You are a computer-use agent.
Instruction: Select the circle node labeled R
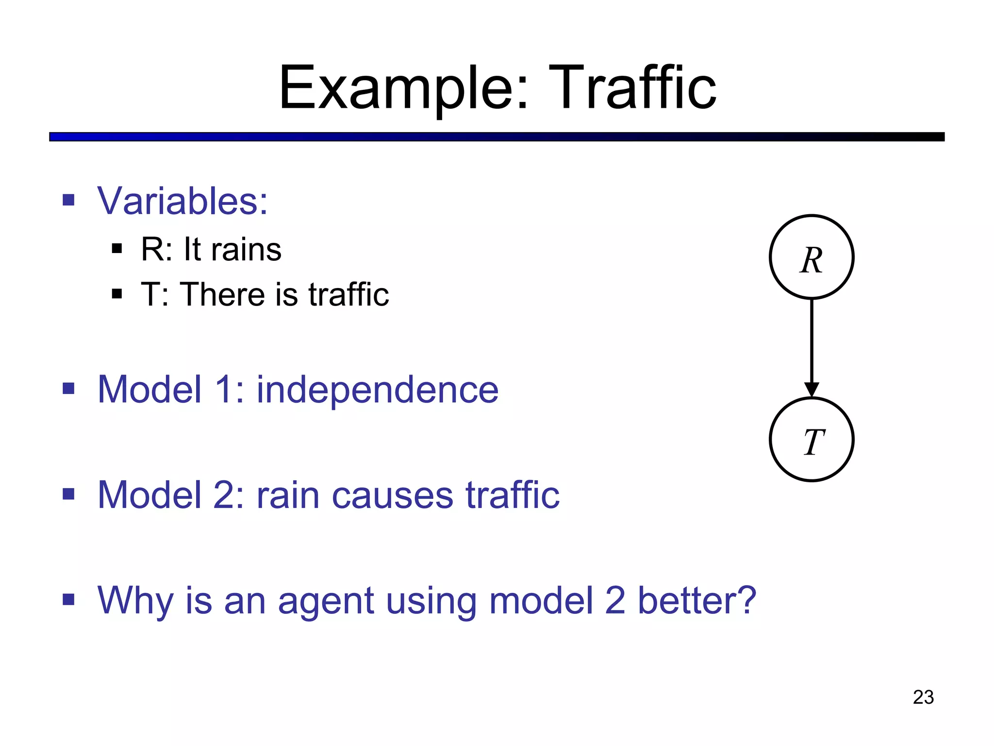click(812, 257)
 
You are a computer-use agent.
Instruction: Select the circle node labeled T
click(812, 440)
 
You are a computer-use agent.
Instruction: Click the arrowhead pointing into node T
click(812, 389)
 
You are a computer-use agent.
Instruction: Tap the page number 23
click(923, 697)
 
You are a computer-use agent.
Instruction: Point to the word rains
click(246, 250)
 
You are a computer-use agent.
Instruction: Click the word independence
click(377, 390)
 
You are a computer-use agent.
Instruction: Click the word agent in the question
click(326, 601)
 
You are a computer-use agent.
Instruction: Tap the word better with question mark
click(696, 600)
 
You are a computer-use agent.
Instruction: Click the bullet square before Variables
click(68, 200)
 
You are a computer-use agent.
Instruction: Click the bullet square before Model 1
click(68, 389)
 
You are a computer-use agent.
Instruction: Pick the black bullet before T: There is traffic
click(117, 294)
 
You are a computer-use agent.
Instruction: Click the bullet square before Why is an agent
click(68, 600)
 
